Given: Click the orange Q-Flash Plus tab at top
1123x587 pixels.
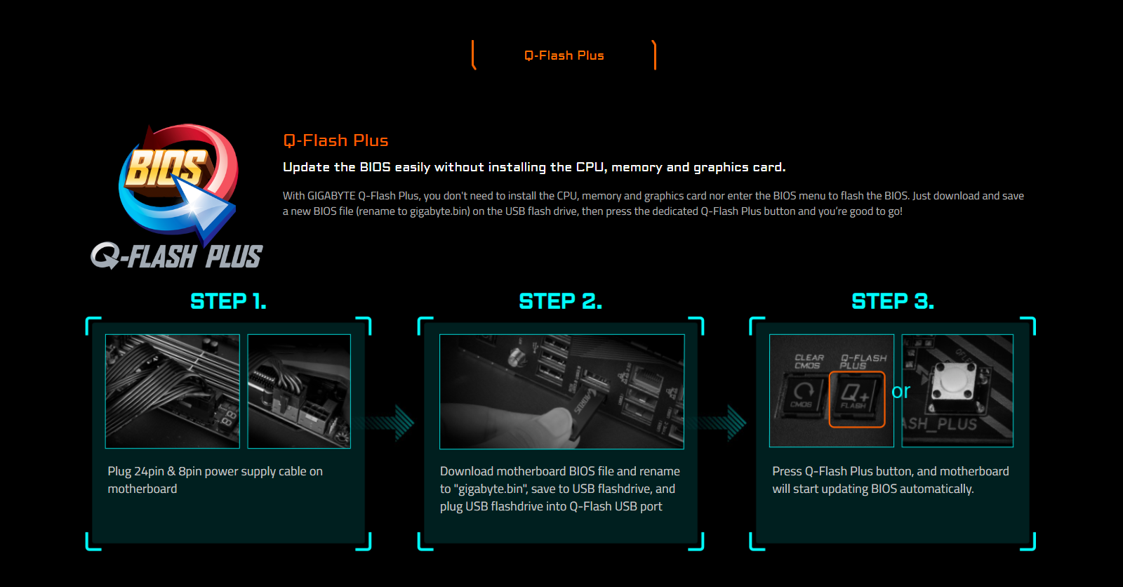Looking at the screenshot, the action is click(564, 55).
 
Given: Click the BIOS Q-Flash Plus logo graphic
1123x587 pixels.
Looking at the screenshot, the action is click(177, 197).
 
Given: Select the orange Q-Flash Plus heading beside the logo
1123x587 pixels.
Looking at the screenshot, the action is click(335, 140).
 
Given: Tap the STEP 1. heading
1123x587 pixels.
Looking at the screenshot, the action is click(228, 301).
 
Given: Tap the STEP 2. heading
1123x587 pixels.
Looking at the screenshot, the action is click(561, 301).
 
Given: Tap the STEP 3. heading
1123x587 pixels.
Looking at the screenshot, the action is click(893, 301).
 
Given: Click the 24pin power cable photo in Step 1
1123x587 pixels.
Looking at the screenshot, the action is click(173, 391).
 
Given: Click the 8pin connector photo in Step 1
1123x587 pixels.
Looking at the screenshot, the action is click(299, 391).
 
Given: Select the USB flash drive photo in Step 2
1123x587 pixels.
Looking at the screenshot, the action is click(561, 391).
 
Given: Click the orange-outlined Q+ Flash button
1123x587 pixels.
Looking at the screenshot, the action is click(857, 400).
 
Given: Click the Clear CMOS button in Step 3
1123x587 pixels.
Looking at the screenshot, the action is click(802, 395).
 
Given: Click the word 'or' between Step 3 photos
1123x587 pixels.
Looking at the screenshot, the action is click(901, 391).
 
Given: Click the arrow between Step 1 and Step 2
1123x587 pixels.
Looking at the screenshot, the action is click(390, 423).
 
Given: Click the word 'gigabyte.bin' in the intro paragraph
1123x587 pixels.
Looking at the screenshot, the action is click(439, 211).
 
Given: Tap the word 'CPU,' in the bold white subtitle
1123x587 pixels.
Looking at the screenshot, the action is click(592, 168).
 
